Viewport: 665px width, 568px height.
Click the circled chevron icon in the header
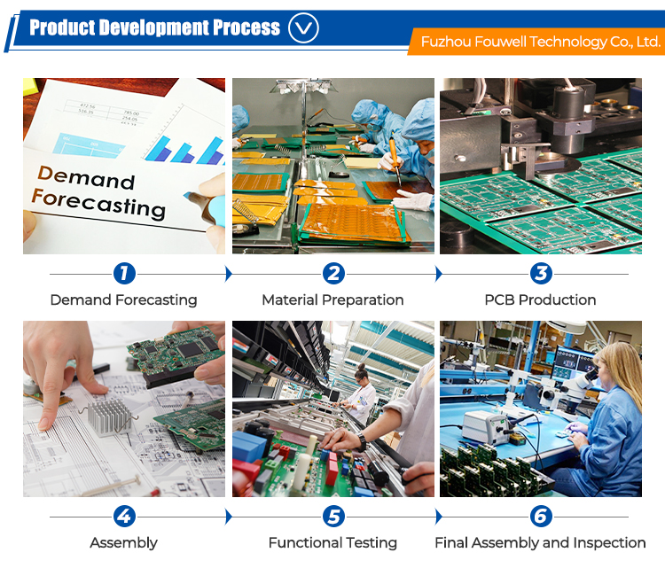pos(303,28)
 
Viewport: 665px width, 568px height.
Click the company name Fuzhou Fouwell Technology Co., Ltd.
pos(541,42)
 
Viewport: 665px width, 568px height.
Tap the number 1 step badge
pos(124,274)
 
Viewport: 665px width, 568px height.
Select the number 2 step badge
pos(333,274)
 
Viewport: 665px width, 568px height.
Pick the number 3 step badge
pos(541,274)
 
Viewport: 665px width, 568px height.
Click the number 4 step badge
pos(124,517)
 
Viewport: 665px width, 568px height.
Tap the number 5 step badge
pos(333,517)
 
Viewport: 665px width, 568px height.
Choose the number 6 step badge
pos(541,517)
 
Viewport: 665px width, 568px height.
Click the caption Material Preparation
pos(332,300)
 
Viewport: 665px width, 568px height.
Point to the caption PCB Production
pos(540,300)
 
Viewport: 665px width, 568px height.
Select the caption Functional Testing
pos(332,543)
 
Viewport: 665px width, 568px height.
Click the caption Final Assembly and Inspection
pos(540,543)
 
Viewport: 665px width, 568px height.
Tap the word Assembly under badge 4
pos(124,543)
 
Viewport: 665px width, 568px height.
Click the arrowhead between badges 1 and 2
pos(229,274)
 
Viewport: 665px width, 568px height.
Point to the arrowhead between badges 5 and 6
pos(439,517)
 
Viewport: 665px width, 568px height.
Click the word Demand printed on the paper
pos(86,177)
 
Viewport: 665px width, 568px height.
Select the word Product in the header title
pos(62,27)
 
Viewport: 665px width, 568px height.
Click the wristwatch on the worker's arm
pos(362,442)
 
